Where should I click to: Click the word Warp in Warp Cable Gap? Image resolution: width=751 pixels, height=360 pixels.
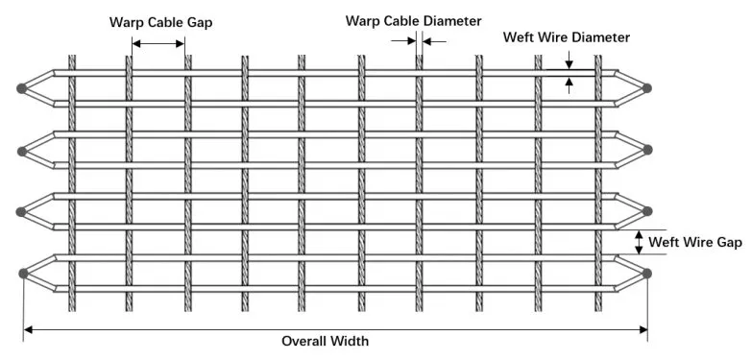[127, 22]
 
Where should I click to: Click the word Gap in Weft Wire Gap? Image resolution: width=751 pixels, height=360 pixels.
[729, 242]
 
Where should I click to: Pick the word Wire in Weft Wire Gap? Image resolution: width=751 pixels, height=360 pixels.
[698, 242]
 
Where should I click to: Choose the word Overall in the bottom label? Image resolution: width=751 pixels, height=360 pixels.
[303, 341]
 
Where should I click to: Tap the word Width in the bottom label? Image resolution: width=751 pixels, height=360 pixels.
[350, 341]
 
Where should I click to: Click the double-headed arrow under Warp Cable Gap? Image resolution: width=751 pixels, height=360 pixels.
[158, 43]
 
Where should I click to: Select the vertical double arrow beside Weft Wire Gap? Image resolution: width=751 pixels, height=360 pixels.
[640, 242]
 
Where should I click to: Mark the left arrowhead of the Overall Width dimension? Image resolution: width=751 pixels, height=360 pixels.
[29, 329]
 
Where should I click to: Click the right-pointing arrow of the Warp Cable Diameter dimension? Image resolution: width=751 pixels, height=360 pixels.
[408, 41]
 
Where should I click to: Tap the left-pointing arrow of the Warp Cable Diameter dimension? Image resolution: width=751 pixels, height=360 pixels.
[428, 41]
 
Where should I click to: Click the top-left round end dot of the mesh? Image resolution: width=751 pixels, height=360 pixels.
[22, 88]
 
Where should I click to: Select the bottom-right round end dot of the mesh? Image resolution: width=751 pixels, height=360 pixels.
[647, 275]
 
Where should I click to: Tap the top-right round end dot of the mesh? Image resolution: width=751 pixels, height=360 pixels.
[647, 88]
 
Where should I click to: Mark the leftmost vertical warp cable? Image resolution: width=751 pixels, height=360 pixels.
[71, 182]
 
